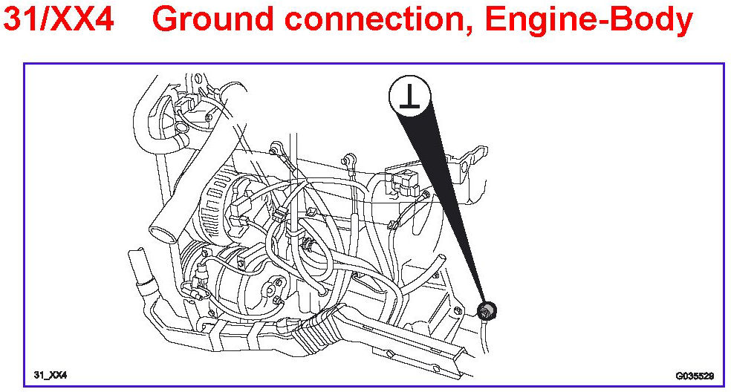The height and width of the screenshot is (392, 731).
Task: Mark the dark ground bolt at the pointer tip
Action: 487,310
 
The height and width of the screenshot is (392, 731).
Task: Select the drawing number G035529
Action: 694,376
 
